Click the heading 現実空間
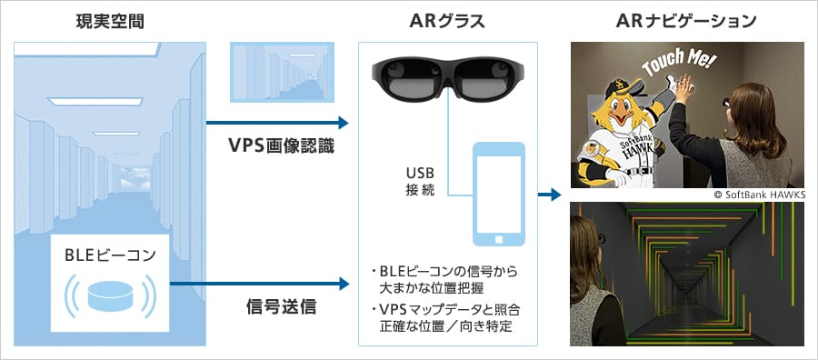(x=110, y=22)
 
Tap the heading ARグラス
(x=447, y=22)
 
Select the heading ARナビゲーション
(x=686, y=22)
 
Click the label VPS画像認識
(x=282, y=146)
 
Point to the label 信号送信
(x=281, y=306)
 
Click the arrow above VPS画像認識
(x=277, y=123)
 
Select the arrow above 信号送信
(x=259, y=284)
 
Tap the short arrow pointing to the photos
(x=549, y=195)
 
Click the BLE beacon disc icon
(x=110, y=295)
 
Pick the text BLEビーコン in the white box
(x=110, y=255)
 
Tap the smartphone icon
(x=498, y=194)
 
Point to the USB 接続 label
(x=420, y=181)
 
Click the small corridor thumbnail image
(x=282, y=72)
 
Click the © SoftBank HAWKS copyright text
(x=759, y=194)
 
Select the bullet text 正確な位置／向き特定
(x=445, y=327)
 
